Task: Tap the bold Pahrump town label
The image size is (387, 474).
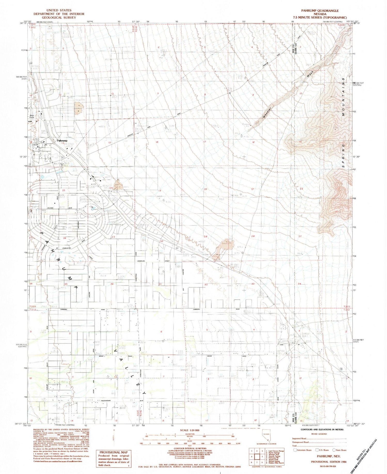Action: click(62, 141)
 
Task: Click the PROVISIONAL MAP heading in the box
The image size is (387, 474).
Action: click(114, 452)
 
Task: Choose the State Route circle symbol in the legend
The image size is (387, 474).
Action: click(334, 450)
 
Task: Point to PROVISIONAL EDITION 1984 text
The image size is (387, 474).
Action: click(328, 462)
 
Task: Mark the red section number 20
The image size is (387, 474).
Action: click(206, 189)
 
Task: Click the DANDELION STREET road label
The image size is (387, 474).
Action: click(152, 261)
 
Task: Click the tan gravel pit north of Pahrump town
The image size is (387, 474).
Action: click(78, 108)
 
